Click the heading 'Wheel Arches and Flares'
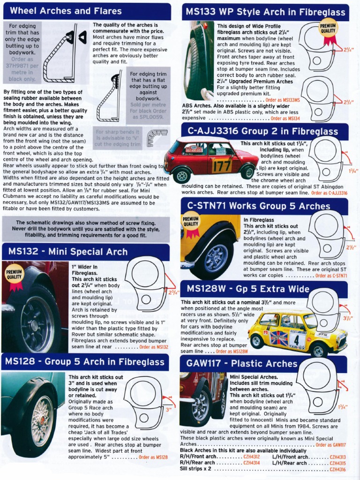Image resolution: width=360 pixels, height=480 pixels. pos(66,11)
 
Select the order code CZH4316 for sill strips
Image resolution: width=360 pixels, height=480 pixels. pos(337,469)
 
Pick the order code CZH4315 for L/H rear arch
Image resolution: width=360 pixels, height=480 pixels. pos(337,463)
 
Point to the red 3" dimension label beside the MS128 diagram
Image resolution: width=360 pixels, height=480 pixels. pos(168,409)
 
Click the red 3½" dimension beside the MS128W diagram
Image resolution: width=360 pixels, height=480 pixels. pos(347,318)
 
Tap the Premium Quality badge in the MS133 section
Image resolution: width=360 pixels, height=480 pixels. pos(329,29)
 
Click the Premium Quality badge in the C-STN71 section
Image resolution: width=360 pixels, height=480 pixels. pos(191,222)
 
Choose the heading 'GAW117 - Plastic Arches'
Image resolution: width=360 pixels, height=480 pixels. pos(242,363)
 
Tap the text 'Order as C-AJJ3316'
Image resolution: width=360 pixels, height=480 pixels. pos(329,193)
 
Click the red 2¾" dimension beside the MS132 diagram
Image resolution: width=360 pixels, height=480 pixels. pos(174,292)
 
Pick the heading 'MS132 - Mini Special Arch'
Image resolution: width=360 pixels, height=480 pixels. pos(67,252)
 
